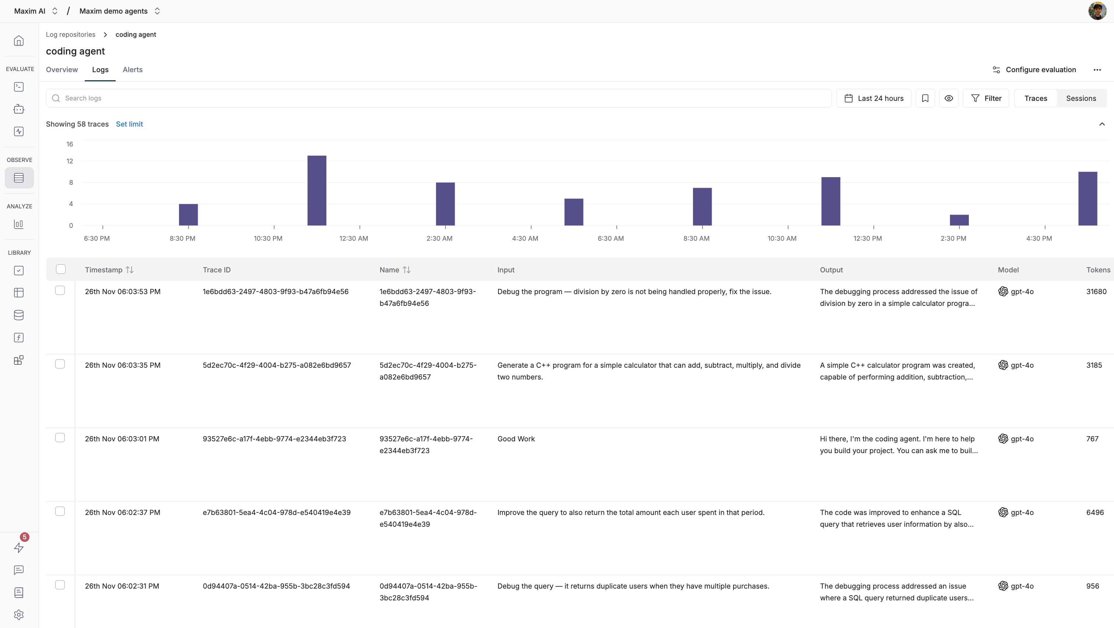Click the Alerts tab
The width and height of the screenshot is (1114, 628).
coord(132,70)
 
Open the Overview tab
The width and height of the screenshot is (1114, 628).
coord(62,70)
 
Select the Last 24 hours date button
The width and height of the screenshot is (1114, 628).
coord(873,98)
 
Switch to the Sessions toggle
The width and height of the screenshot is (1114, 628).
coord(1081,98)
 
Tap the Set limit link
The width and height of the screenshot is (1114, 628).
coord(129,124)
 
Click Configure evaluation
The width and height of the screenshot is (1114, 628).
coord(1034,70)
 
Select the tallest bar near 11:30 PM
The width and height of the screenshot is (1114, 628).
coord(316,190)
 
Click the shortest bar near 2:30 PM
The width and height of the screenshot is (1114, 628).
coord(959,220)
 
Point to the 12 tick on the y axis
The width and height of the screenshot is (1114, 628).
coord(70,161)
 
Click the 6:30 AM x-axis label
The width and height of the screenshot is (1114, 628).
coord(610,238)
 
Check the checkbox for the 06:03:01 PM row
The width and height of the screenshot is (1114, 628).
coord(60,438)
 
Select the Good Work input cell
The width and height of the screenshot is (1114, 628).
coord(516,439)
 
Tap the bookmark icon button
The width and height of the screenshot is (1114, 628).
coord(925,98)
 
